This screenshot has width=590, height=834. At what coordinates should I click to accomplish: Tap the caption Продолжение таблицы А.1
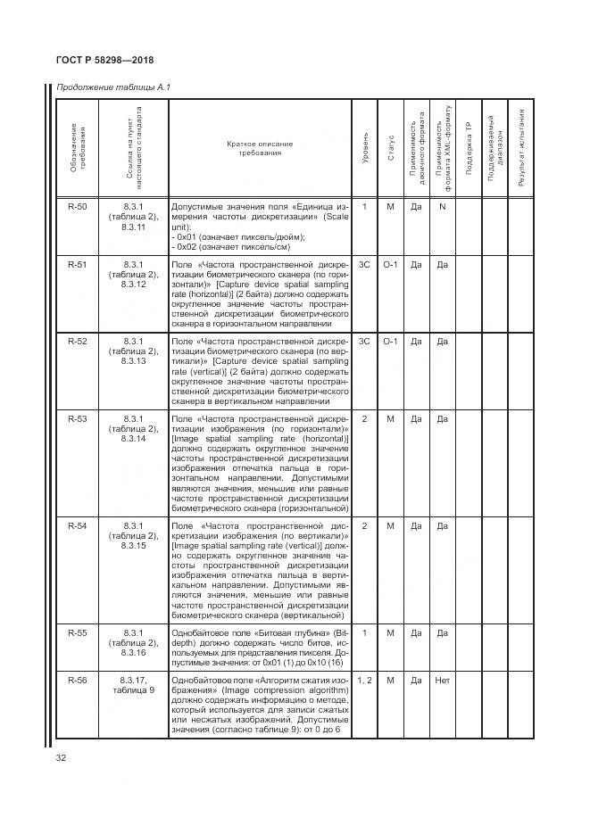click(x=112, y=87)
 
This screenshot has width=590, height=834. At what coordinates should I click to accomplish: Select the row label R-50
click(x=78, y=207)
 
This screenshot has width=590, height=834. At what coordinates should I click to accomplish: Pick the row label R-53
click(x=78, y=418)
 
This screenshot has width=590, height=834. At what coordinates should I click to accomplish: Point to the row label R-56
click(x=78, y=681)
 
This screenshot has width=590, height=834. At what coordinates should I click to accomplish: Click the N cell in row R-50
click(x=442, y=207)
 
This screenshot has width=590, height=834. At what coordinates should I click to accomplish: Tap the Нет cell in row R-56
click(x=442, y=681)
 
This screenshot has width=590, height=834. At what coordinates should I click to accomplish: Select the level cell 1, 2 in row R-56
click(x=365, y=681)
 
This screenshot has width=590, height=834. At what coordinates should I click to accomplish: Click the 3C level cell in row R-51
click(x=365, y=265)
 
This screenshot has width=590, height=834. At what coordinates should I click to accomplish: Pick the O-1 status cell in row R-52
click(x=391, y=342)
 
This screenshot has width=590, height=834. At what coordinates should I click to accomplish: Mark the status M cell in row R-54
click(x=391, y=525)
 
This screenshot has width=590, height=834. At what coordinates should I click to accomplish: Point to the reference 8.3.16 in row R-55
click(x=134, y=652)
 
